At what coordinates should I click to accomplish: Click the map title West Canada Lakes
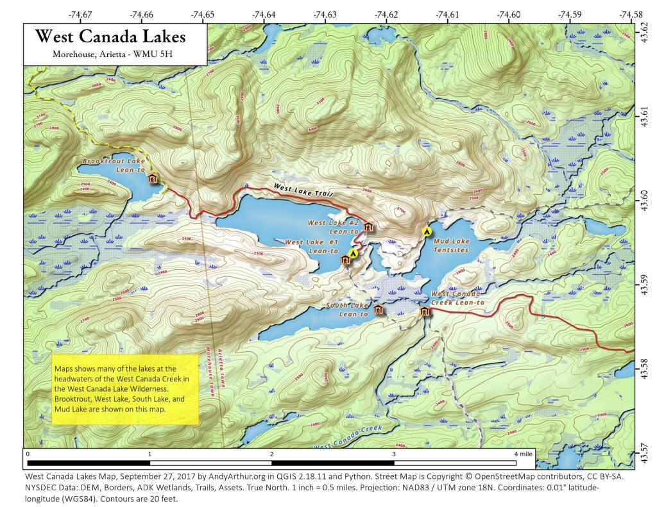pos(110,37)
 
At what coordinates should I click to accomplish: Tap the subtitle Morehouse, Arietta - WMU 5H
pos(110,54)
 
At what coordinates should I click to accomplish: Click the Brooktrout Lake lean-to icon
pos(153,178)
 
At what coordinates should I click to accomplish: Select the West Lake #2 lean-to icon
pos(368,226)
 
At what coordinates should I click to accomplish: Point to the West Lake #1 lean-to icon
pos(345,260)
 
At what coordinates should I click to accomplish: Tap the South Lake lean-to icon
pos(379,310)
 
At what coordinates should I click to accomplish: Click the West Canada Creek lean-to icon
pos(423,312)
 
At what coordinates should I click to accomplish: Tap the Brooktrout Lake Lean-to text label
pos(110,165)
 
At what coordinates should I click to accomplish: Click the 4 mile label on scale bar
pos(523,454)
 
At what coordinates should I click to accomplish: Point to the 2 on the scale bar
pos(272,454)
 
